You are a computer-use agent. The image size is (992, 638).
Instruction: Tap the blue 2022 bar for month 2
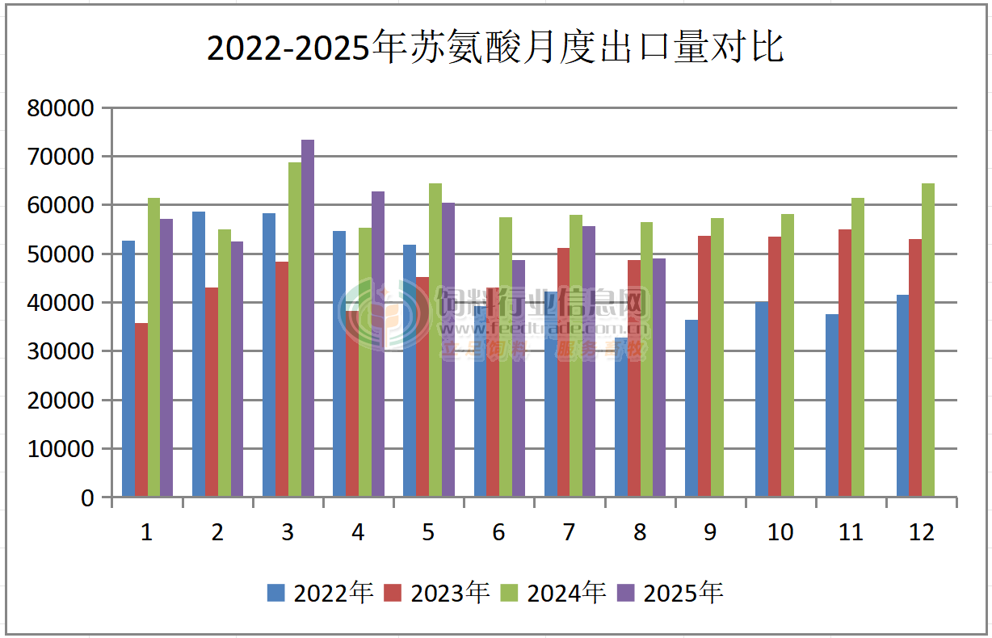click(199, 354)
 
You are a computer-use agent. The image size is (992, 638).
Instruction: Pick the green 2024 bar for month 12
click(928, 339)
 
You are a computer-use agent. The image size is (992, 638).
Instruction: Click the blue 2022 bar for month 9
click(691, 408)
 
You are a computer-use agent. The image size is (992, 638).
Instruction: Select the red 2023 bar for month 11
click(845, 363)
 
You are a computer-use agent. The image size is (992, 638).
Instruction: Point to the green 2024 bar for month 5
click(435, 339)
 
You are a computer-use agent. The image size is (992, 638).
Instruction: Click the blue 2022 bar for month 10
click(762, 399)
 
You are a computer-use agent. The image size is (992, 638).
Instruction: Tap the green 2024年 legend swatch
click(511, 594)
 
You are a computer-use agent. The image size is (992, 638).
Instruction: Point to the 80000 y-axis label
click(61, 108)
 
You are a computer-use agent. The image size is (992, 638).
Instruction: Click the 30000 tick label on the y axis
click(61, 352)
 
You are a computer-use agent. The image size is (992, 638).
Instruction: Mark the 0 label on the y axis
click(86, 498)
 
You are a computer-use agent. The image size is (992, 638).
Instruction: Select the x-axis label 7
click(569, 533)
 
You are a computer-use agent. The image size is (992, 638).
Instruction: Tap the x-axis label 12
click(921, 533)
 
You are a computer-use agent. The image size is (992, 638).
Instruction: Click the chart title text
click(495, 48)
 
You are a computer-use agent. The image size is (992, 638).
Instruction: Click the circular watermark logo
click(384, 314)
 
